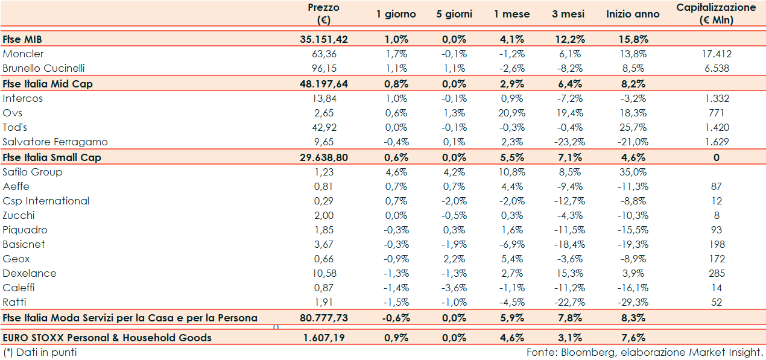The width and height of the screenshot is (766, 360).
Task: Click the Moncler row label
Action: pos(23,54)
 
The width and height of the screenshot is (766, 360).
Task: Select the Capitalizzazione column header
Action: pos(716,14)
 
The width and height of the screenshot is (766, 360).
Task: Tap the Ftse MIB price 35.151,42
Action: pos(323,39)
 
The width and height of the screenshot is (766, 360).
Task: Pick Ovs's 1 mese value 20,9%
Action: pos(511,113)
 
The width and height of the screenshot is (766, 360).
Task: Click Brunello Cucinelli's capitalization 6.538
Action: pos(716,68)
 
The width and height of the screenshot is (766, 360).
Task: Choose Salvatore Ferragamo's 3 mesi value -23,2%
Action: pos(568,142)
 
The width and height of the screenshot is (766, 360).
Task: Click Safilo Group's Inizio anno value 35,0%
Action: pos(633,172)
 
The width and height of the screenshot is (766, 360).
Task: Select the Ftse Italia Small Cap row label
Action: pos(52,157)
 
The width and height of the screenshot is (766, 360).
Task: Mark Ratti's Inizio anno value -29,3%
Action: pos(633,302)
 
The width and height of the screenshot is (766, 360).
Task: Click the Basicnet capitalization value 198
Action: pos(716,244)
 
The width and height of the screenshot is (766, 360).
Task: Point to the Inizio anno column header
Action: pos(633,14)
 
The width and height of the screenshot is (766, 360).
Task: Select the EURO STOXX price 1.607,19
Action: pos(324,338)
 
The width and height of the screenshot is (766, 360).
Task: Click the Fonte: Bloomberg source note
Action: pos(645,352)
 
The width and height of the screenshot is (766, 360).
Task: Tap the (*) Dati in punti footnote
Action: pos(40,352)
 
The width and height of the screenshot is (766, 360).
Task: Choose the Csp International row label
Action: pos(46,201)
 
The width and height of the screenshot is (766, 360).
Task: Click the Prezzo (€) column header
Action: pos(323,14)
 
